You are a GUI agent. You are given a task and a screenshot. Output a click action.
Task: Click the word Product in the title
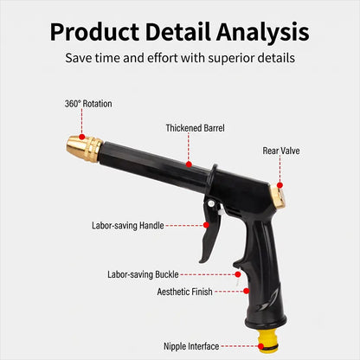[94, 32]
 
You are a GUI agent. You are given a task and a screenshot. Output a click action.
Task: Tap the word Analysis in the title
[263, 32]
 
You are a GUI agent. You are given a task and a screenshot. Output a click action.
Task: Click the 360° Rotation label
[88, 104]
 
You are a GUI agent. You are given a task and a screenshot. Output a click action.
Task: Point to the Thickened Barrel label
[195, 128]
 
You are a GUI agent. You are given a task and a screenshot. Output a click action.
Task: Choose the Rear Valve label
[281, 151]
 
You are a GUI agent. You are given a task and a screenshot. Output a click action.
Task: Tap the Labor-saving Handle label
[128, 225]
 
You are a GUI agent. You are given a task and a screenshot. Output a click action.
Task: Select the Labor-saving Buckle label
[143, 274]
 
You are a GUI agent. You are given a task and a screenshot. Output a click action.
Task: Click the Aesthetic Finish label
[184, 292]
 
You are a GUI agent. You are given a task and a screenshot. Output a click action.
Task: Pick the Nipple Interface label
[191, 346]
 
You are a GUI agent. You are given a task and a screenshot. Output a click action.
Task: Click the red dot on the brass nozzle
[82, 137]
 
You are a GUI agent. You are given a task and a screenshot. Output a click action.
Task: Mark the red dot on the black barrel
[189, 164]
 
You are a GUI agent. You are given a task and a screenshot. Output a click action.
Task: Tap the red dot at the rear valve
[280, 185]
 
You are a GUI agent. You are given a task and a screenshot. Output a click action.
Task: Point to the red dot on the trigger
[206, 225]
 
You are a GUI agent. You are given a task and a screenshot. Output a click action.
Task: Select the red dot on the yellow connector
[260, 346]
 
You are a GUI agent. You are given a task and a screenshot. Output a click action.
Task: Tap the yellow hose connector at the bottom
[268, 341]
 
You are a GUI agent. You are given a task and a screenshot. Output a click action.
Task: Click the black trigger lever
[210, 231]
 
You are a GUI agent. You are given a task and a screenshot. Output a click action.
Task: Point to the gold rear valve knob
[279, 196]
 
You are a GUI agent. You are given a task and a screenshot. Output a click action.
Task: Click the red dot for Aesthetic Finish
[246, 291]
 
